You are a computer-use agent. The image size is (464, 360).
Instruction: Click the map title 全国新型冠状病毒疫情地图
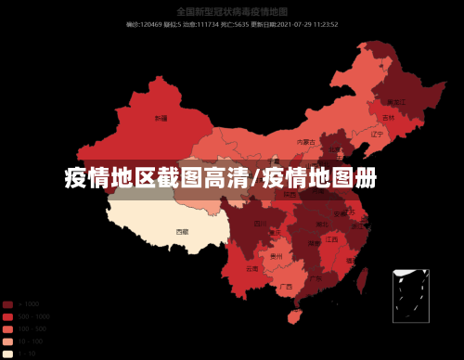[232, 12]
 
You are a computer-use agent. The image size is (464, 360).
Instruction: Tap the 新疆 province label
[161, 119]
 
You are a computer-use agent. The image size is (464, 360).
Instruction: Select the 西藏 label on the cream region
[182, 231]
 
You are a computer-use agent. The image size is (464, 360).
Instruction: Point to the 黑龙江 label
[396, 100]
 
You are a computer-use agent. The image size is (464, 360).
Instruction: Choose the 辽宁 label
[377, 134]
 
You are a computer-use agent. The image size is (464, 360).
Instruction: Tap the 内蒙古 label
[304, 142]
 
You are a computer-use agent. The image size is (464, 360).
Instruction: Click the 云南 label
[252, 268]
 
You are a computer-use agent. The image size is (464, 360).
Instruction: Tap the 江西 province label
[331, 239]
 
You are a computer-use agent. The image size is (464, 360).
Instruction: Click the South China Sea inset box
[410, 295]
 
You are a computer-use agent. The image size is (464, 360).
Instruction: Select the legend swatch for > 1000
[7, 304]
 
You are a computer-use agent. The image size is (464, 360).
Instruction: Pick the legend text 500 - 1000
[33, 316]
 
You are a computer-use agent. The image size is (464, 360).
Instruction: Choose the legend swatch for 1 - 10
[7, 354]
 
